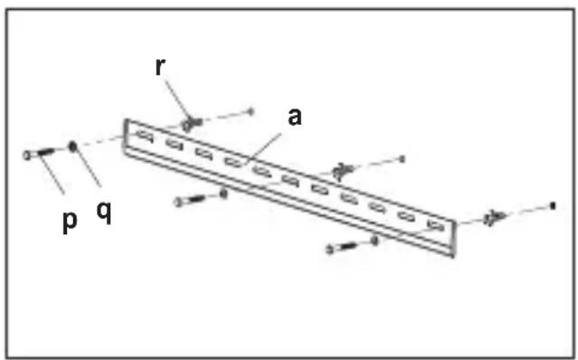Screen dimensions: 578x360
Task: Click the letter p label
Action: tap(70, 222)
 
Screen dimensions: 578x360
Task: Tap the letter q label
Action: tap(104, 213)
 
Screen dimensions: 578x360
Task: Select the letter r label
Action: tap(160, 67)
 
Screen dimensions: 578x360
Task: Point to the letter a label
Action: tap(294, 117)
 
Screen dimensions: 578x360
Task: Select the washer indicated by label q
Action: tap(72, 147)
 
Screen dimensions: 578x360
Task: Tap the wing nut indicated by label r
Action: tap(191, 123)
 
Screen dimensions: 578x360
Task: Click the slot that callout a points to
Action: tap(233, 161)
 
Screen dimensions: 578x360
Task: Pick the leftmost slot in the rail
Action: tap(145, 136)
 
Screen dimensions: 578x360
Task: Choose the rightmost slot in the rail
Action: tap(436, 224)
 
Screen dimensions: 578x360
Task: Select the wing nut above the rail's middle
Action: tap(343, 171)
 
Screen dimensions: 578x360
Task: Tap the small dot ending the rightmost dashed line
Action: tap(552, 206)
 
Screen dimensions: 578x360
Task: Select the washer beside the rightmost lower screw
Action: tap(374, 241)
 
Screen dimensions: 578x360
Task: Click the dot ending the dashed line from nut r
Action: tap(251, 111)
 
